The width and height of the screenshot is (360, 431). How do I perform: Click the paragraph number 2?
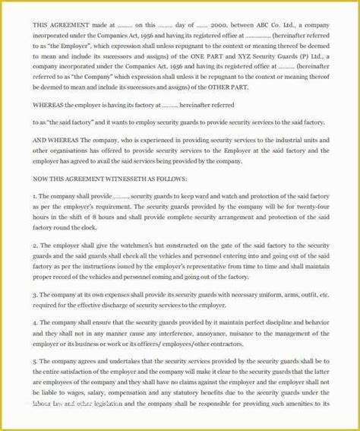coord(35,246)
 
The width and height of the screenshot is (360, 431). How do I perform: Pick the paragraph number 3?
coord(35,293)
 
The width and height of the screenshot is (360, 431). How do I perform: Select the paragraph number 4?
coord(35,322)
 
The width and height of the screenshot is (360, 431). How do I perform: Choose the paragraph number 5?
coord(35,363)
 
